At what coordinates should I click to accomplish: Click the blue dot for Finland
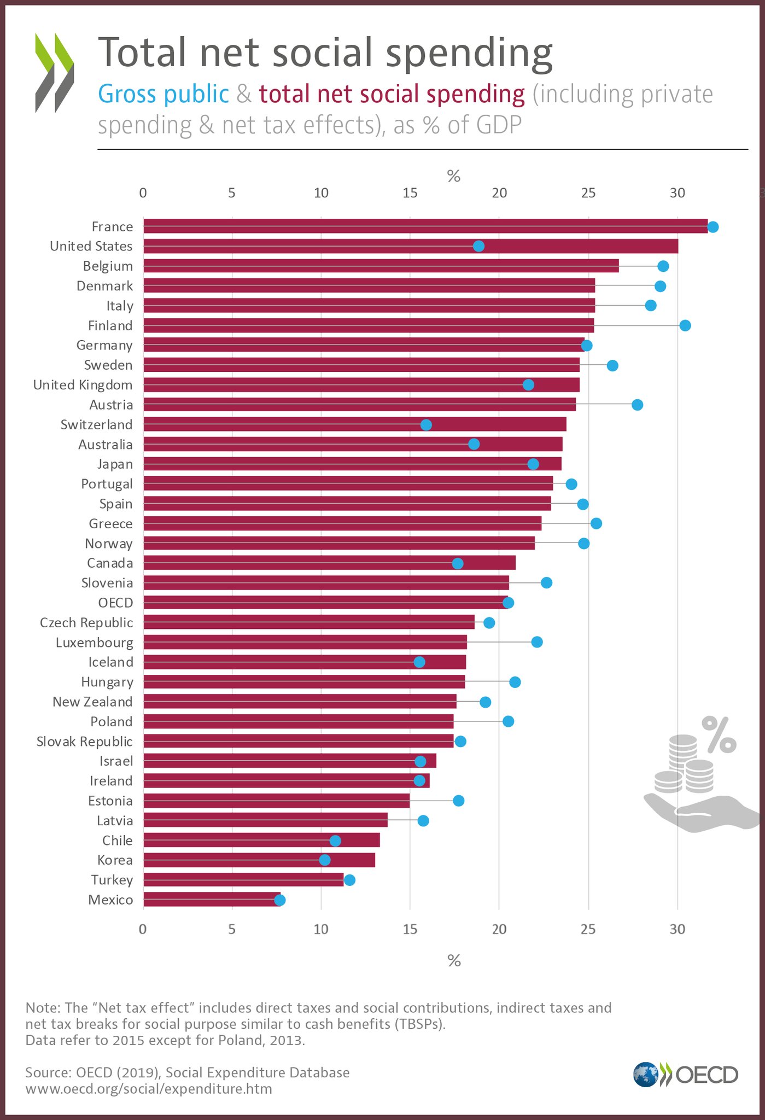tap(685, 325)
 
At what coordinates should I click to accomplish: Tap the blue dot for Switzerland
tap(426, 425)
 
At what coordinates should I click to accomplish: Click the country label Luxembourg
tap(94, 643)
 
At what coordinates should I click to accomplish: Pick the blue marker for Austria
tap(637, 405)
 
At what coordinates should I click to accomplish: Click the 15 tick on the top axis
tap(410, 193)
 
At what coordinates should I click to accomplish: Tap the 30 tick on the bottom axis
tap(677, 929)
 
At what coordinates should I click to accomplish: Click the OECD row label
tap(115, 603)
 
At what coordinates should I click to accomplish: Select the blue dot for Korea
tap(324, 860)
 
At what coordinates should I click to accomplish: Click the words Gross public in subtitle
tap(163, 94)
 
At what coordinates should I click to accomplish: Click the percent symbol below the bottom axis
tap(454, 961)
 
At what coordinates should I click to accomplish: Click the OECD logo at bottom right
tap(686, 1074)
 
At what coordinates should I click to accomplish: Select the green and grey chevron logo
tap(54, 72)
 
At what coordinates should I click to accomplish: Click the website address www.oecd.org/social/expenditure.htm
tap(149, 1089)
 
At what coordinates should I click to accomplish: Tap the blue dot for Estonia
tap(458, 801)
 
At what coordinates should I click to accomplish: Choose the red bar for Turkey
tap(243, 880)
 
